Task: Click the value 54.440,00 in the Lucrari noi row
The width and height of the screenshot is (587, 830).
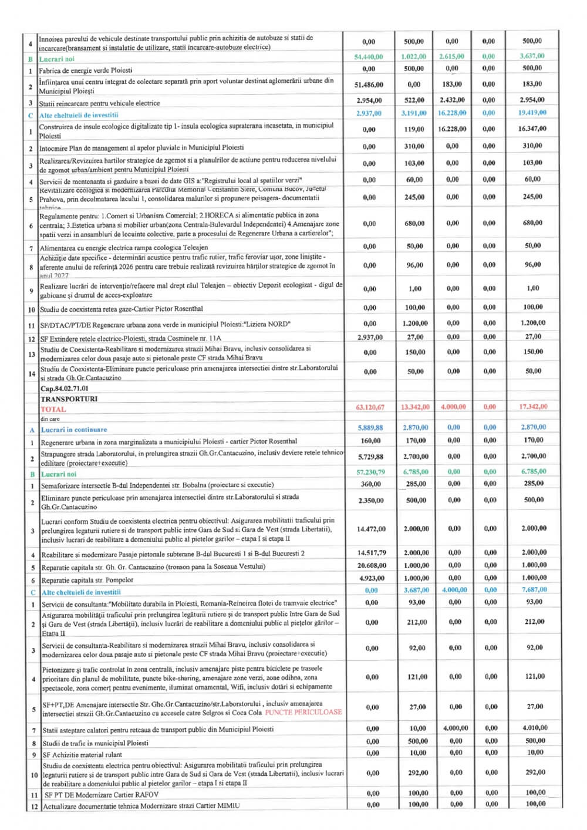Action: coord(369,57)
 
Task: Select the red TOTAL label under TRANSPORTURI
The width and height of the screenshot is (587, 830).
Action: coord(53,409)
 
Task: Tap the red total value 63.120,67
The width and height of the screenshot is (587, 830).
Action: coord(370,407)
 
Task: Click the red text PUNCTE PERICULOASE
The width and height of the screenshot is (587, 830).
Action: coord(303,712)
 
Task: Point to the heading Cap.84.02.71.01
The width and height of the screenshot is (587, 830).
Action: coord(65,389)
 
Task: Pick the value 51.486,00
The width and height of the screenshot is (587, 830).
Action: coord(369,85)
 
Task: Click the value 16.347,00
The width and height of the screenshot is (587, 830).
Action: coord(532,129)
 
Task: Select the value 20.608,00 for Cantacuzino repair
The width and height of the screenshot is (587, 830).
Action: coord(372,565)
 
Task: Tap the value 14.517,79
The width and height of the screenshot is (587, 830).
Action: coord(372,553)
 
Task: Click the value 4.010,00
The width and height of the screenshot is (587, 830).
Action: coord(534,728)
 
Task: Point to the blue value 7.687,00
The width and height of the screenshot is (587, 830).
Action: coord(534,590)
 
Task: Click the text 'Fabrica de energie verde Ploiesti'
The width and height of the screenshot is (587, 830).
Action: coord(86,70)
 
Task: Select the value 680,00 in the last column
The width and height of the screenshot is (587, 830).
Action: coord(532,223)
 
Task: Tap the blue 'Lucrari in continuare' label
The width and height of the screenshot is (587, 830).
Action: coord(74,430)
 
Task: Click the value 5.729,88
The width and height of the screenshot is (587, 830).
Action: coord(370,457)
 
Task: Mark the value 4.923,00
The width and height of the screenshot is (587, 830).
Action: coord(372,578)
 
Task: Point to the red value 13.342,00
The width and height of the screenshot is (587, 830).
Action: coord(415,407)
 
